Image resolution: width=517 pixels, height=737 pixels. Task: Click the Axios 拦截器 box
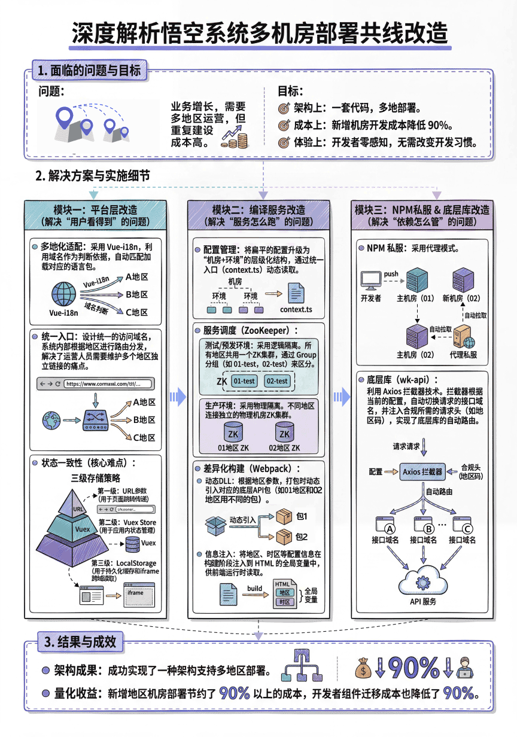pyautogui.click(x=422, y=471)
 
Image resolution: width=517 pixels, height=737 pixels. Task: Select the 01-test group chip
pyautogui.click(x=245, y=380)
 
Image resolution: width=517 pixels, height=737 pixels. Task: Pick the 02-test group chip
pyautogui.click(x=276, y=380)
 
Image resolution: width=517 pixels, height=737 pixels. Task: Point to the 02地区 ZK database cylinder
pyautogui.click(x=284, y=433)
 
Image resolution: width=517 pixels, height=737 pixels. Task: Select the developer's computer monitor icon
pyautogui.click(x=371, y=281)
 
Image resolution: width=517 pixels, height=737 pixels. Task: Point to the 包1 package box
pyautogui.click(x=282, y=516)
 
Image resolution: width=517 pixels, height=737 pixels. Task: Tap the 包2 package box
pyautogui.click(x=282, y=537)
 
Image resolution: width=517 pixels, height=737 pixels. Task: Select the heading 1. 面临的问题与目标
pyautogui.click(x=88, y=71)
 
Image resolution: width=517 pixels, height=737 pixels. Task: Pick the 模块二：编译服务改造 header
pyautogui.click(x=258, y=210)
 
